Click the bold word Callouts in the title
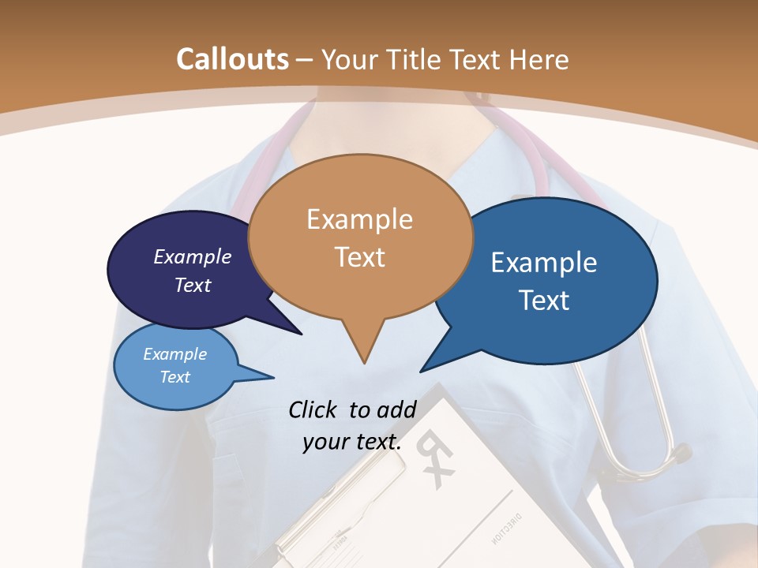(232, 59)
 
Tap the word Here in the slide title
(539, 60)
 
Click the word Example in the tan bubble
(359, 219)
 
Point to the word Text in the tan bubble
(359, 257)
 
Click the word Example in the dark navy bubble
(193, 256)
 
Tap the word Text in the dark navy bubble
(193, 285)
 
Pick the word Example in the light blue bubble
(175, 354)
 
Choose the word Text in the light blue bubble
(175, 377)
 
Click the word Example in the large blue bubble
(544, 263)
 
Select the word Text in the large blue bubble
(544, 301)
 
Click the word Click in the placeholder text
(314, 409)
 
